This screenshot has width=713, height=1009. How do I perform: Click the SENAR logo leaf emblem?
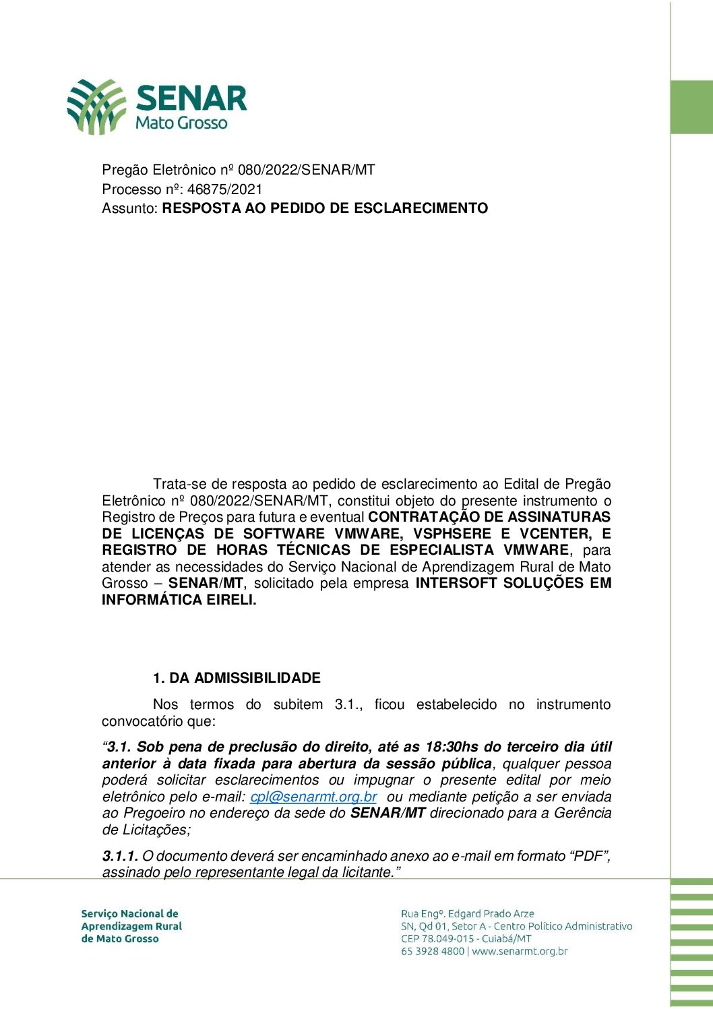point(96,106)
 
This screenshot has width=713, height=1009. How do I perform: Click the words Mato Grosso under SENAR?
point(181,123)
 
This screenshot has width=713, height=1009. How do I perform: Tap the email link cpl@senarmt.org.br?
point(313,797)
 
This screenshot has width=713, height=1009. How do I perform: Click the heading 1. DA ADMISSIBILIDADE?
point(237,678)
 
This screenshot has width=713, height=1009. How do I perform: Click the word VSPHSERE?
point(452,534)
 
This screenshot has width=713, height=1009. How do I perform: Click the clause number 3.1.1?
point(120,856)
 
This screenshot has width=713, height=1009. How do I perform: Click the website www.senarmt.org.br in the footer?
point(520,952)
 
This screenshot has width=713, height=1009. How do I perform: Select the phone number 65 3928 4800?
point(432,952)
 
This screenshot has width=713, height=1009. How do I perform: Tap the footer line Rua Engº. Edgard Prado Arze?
point(467,914)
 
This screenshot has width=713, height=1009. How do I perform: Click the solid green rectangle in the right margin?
point(691,107)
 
